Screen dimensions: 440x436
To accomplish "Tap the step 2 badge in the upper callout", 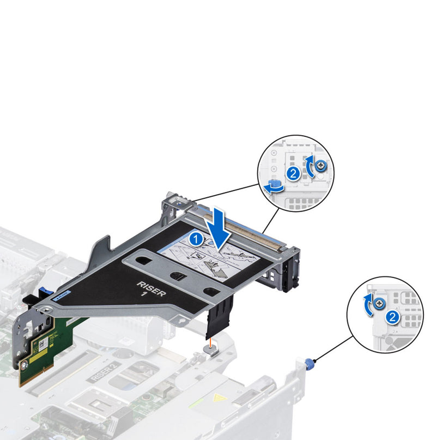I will [x=293, y=173].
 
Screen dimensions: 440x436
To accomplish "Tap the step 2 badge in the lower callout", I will [x=391, y=316].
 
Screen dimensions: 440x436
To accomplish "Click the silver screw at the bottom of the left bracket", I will [x=25, y=361].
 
